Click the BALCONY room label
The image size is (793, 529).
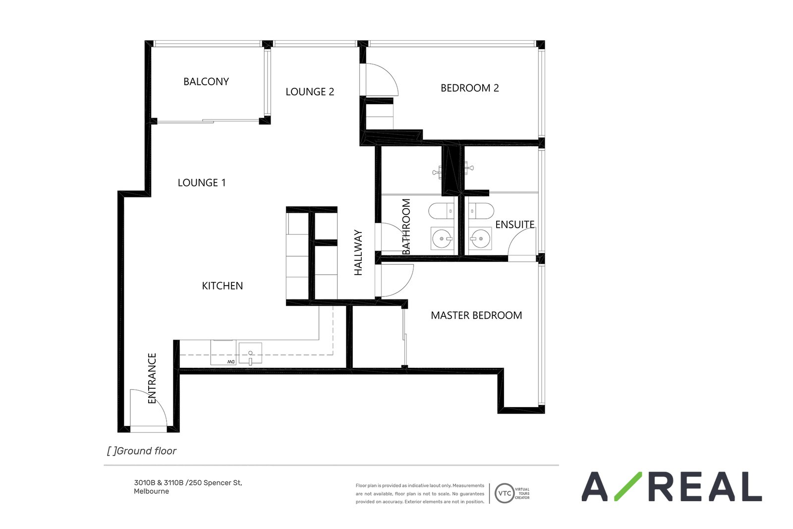(206, 81)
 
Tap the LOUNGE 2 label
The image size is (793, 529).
(310, 92)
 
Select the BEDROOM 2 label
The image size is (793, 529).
(470, 88)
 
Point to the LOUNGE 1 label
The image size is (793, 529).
(201, 183)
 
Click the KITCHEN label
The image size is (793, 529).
(223, 286)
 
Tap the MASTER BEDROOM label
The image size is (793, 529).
(476, 315)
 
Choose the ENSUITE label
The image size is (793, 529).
(515, 225)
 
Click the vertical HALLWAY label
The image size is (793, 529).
(358, 252)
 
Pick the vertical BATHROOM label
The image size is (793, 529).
(406, 227)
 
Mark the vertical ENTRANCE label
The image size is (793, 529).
(152, 378)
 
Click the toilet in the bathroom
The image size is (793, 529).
(441, 211)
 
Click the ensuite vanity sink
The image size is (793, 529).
(480, 238)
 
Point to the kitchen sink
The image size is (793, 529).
(250, 353)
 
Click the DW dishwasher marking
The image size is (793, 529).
(231, 361)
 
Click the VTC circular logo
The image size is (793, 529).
(505, 493)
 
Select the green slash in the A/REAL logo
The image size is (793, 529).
(628, 486)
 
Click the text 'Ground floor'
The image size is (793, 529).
(146, 451)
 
